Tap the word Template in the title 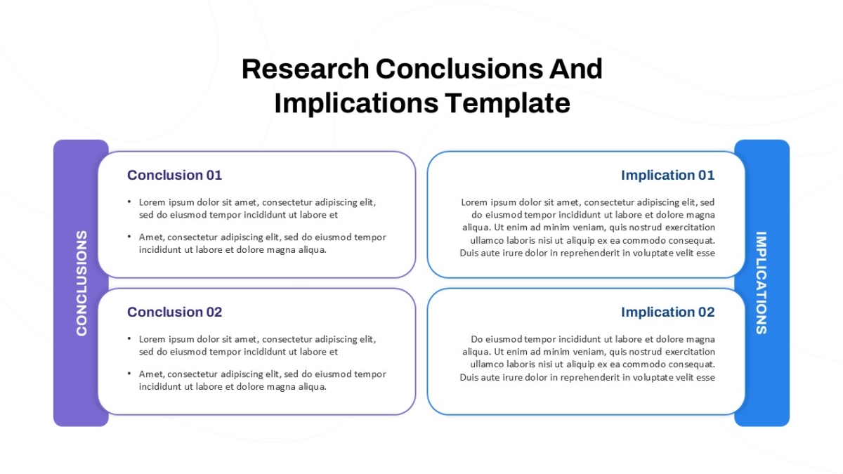pyautogui.click(x=508, y=103)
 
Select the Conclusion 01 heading pyautogui.click(x=175, y=175)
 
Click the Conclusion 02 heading pyautogui.click(x=175, y=312)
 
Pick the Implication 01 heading pyautogui.click(x=667, y=175)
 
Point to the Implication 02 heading pyautogui.click(x=667, y=312)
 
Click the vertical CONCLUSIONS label pyautogui.click(x=81, y=283)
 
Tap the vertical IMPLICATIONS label pyautogui.click(x=762, y=283)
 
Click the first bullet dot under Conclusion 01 pyautogui.click(x=129, y=202)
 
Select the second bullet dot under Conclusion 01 pyautogui.click(x=129, y=237)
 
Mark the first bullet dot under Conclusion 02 pyautogui.click(x=129, y=338)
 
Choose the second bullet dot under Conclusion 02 pyautogui.click(x=129, y=374)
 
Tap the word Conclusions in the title pyautogui.click(x=459, y=69)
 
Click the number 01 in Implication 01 pyautogui.click(x=707, y=175)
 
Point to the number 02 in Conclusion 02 pyautogui.click(x=214, y=312)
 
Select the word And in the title pyautogui.click(x=576, y=69)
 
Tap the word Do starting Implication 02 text pyautogui.click(x=477, y=339)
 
